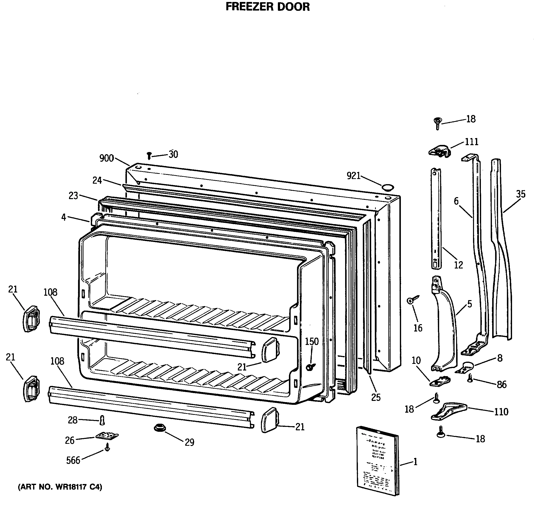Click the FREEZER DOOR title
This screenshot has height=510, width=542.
click(268, 7)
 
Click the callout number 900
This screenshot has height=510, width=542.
click(106, 158)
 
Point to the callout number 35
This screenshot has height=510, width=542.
click(520, 194)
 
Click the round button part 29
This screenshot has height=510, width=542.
click(160, 428)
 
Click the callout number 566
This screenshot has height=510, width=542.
click(73, 460)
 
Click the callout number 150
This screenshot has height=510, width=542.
click(312, 342)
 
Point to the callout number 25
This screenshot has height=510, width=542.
click(376, 397)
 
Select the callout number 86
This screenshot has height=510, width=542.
click(501, 384)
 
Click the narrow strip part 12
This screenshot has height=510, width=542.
click(436, 218)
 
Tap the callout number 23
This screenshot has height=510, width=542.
click(73, 195)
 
